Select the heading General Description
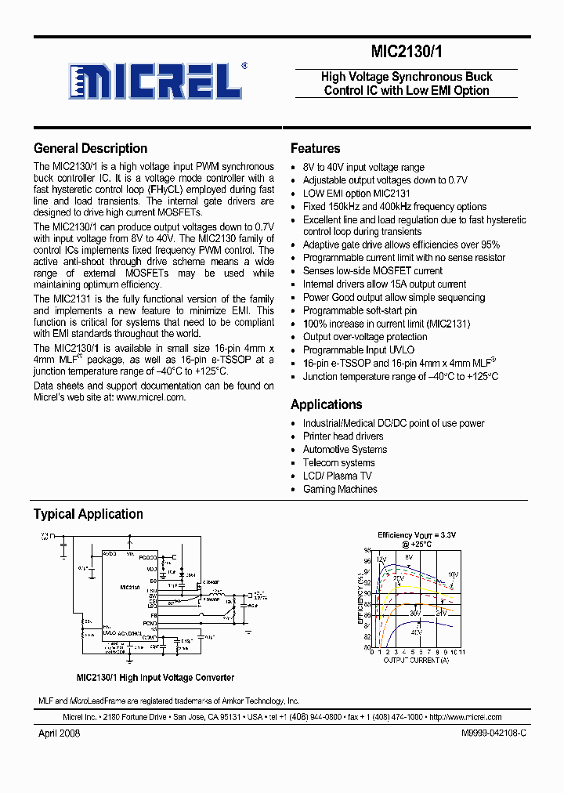[x=90, y=148]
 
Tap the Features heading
[x=315, y=148]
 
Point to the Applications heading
[x=326, y=404]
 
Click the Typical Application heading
[x=88, y=514]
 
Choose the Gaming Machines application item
[x=340, y=489]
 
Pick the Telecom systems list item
[x=339, y=462]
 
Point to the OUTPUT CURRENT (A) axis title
[x=416, y=661]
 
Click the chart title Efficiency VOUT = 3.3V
[x=416, y=535]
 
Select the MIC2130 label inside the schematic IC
[x=130, y=586]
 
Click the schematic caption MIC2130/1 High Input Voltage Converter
[x=155, y=677]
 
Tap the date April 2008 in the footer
[x=59, y=733]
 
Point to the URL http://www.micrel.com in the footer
[x=465, y=717]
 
